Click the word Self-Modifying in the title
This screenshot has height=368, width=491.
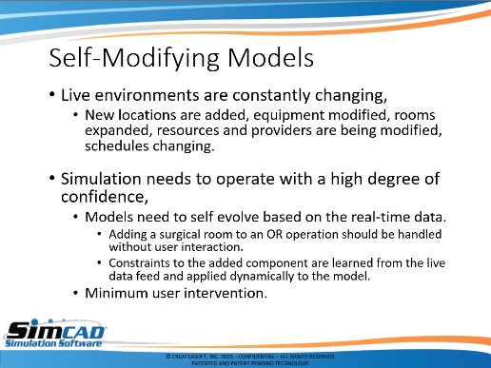point(134,58)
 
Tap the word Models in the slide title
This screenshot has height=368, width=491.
point(270,57)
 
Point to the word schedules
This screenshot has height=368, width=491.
point(117,145)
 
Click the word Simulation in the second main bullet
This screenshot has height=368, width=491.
point(101,179)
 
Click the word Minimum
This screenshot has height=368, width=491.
point(116,293)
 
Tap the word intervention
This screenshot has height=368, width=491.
point(226,293)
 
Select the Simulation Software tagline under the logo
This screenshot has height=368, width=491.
point(53,343)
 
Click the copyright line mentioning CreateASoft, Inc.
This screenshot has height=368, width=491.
point(250,357)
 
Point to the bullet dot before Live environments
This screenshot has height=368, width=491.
point(52,94)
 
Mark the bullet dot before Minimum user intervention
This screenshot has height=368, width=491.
point(75,293)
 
